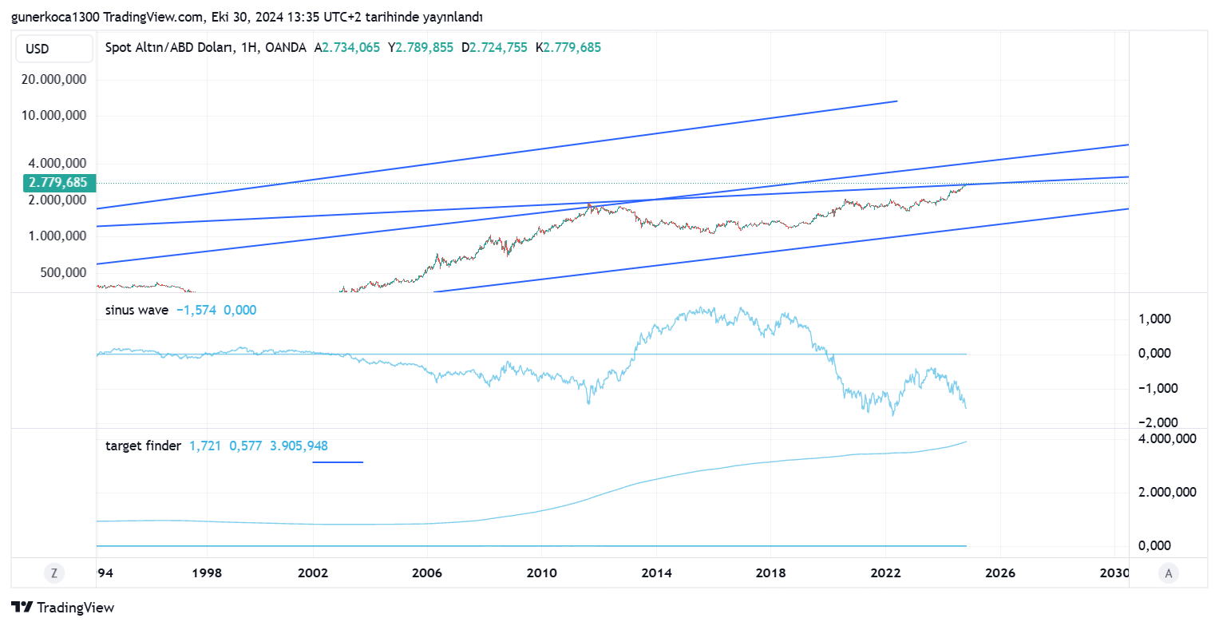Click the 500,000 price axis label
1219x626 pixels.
pyautogui.click(x=62, y=272)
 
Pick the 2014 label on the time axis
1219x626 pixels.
pyautogui.click(x=655, y=573)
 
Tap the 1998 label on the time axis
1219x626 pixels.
pyautogui.click(x=207, y=573)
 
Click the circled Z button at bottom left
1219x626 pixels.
pyautogui.click(x=53, y=573)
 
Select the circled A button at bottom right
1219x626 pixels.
pyautogui.click(x=1169, y=573)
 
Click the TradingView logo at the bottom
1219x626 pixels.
pyautogui.click(x=63, y=608)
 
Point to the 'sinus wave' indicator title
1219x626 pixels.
pyautogui.click(x=137, y=310)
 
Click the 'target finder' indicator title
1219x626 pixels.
pyautogui.click(x=143, y=446)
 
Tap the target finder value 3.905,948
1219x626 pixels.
pyautogui.click(x=299, y=446)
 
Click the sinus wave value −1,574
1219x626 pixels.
pyautogui.click(x=196, y=310)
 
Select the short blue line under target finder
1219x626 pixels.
pyautogui.click(x=338, y=462)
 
